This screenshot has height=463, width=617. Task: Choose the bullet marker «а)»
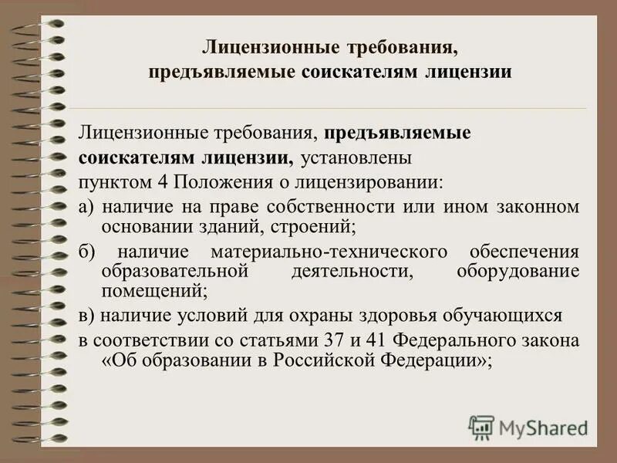86,208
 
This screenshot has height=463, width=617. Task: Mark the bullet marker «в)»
86,316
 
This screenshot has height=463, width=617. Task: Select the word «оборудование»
517,271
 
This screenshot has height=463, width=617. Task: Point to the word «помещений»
153,291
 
